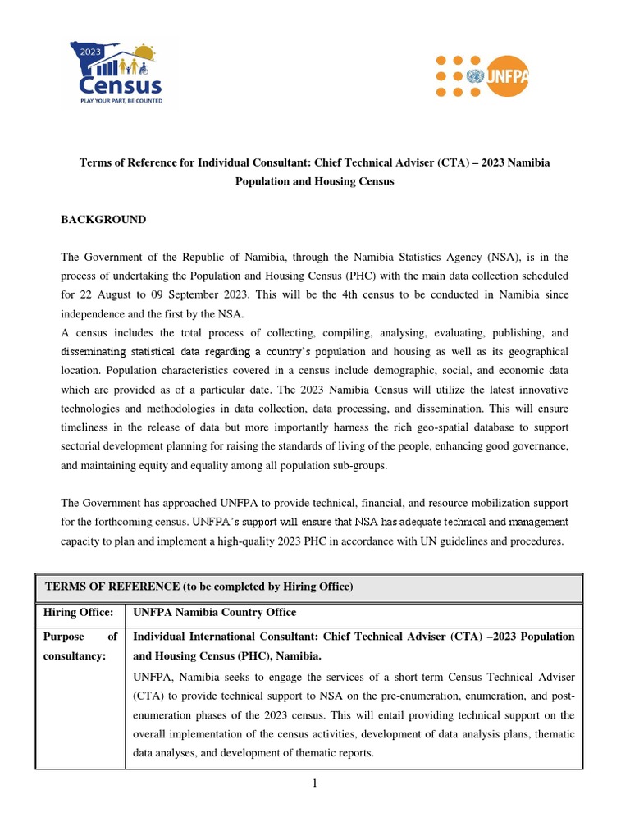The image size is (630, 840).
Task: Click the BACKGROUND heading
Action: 104,220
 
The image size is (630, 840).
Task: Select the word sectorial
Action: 84,446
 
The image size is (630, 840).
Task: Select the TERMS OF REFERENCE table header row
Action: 308,587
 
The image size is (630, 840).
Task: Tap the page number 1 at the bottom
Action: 314,784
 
